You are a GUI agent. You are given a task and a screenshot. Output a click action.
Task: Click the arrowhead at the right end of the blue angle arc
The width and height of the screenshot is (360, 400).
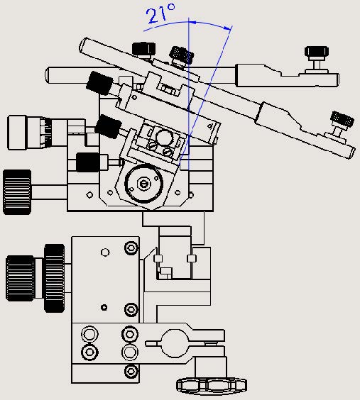[229, 29]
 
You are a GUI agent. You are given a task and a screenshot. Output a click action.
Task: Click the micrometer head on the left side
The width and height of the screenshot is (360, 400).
[32, 133]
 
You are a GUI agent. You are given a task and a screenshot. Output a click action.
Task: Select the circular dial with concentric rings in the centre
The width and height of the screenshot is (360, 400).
[144, 184]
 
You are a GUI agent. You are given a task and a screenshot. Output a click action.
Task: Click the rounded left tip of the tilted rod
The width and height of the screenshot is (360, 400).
[84, 48]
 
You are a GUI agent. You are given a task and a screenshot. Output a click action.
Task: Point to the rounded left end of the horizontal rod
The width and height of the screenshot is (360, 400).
[48, 74]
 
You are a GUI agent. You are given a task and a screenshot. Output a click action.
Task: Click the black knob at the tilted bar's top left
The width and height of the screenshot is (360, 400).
[145, 49]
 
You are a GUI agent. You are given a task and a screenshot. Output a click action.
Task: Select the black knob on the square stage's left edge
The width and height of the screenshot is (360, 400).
[89, 162]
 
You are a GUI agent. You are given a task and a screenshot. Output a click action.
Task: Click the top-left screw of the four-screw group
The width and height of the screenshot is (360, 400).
[89, 333]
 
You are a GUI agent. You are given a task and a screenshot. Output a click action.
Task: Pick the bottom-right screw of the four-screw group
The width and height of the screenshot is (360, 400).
[129, 352]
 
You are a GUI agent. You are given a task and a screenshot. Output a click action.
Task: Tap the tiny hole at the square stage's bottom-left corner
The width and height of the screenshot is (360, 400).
[88, 195]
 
